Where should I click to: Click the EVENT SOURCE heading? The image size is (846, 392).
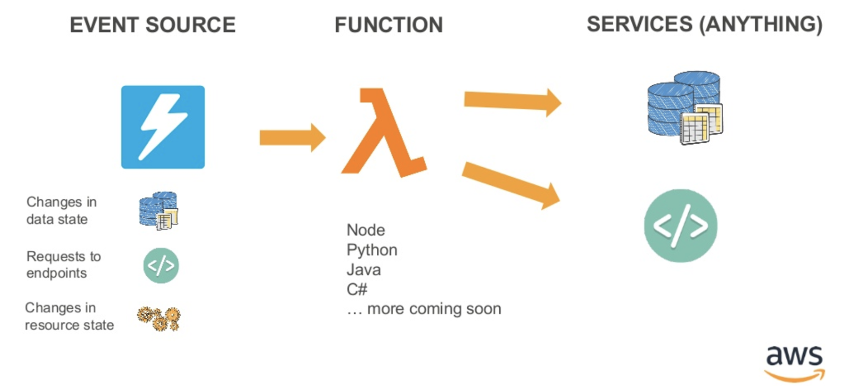tap(152, 25)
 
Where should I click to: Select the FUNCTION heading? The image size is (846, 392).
tap(389, 25)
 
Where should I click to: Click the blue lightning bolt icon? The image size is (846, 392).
tap(163, 127)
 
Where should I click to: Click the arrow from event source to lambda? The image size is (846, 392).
tap(292, 138)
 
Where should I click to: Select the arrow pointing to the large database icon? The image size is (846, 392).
tap(512, 101)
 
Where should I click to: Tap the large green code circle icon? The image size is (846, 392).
tap(680, 225)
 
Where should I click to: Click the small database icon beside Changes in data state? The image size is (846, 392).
tap(158, 210)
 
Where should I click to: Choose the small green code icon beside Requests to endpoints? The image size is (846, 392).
tap(161, 266)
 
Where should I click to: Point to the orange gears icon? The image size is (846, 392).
tap(158, 318)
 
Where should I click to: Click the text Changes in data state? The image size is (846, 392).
tap(61, 210)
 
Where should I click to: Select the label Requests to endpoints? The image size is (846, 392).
tap(63, 264)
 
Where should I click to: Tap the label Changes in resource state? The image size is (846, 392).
tap(69, 316)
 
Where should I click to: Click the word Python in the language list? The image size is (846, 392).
tap(372, 250)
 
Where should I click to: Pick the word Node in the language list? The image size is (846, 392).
tap(366, 230)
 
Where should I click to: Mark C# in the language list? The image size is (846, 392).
tap(357, 289)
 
